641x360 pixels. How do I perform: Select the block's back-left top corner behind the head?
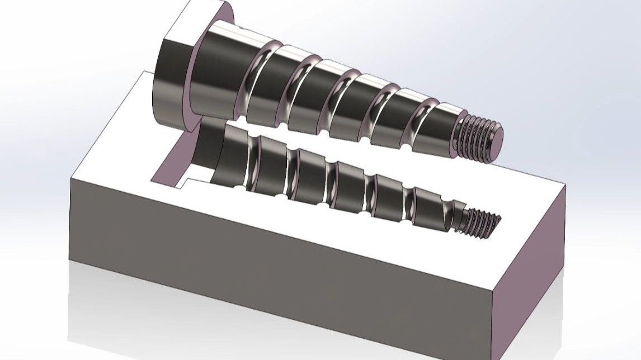[x=143, y=72]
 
